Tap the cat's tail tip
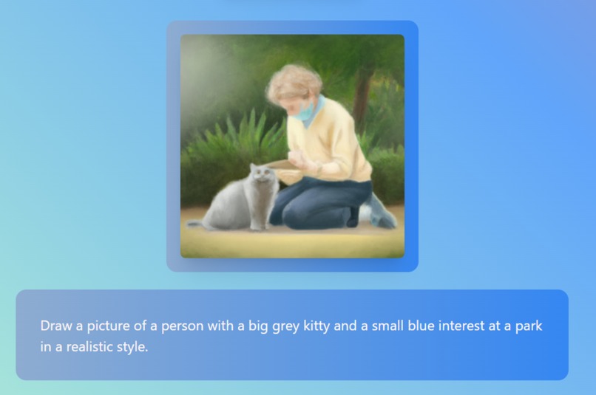(x=192, y=223)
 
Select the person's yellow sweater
(x=336, y=140)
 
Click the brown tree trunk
(x=363, y=89)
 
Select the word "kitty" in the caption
(x=317, y=326)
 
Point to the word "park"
(x=527, y=326)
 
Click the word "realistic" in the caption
(x=84, y=346)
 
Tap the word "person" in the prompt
(x=183, y=326)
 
